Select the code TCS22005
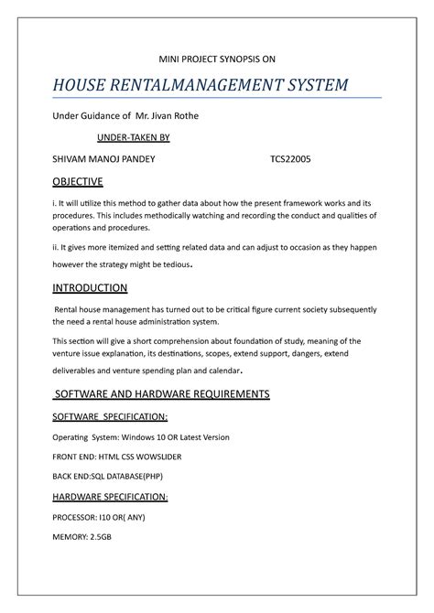pos(290,158)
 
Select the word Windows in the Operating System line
pos(140,436)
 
